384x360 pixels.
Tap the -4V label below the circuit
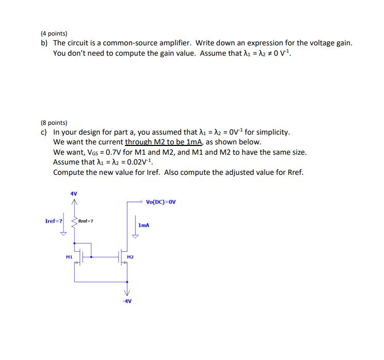tap(127, 301)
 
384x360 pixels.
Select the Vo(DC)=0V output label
tap(161, 202)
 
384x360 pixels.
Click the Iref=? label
tap(54, 221)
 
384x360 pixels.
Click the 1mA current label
tap(145, 225)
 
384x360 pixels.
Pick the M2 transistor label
tap(130, 256)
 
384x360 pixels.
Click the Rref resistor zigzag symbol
tap(75, 222)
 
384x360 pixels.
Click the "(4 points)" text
tap(54, 32)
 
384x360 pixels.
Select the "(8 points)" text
tap(54, 123)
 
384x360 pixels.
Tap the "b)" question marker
tap(44, 43)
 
